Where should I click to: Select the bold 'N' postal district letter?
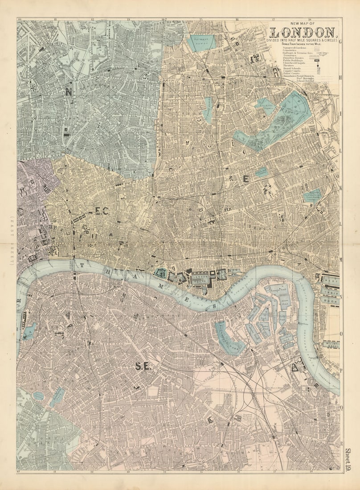coord(69,92)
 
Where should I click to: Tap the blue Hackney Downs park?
coord(201,42)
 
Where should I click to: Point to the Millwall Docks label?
coord(330,344)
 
